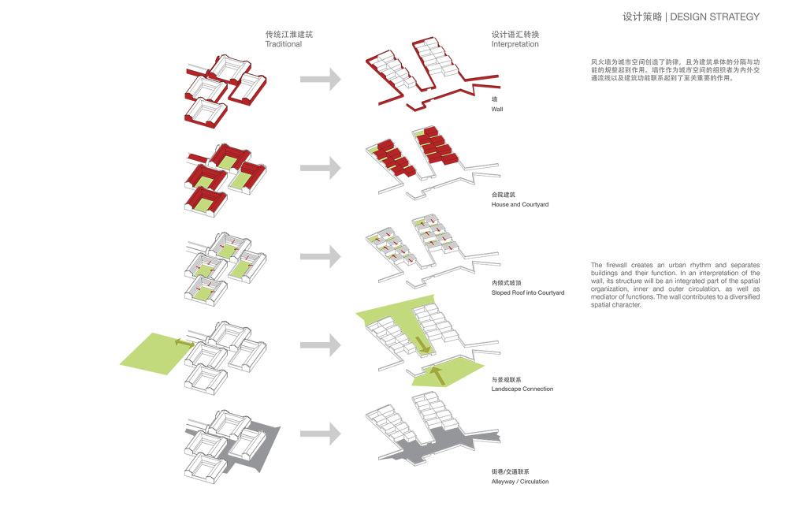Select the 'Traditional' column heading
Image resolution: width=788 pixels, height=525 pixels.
(x=283, y=45)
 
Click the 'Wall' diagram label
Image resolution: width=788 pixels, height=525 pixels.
(x=496, y=110)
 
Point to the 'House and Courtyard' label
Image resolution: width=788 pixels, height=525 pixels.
(x=519, y=205)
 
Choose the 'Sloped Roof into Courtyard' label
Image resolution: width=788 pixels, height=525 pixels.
(x=527, y=292)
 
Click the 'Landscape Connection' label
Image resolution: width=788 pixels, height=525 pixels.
(x=522, y=389)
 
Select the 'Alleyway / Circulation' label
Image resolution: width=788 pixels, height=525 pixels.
(x=519, y=481)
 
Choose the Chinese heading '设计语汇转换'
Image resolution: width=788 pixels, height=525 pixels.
(x=515, y=35)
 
